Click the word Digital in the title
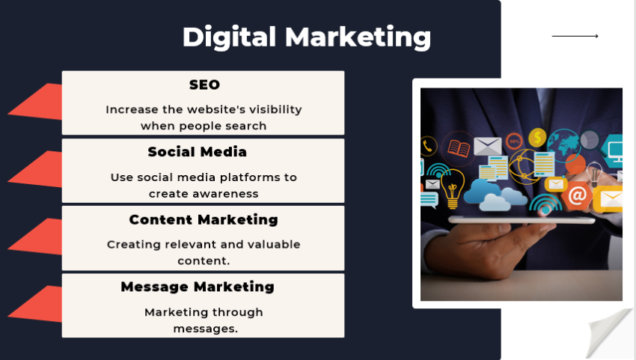point(230,37)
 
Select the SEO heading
point(204,85)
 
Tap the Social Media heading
point(197,152)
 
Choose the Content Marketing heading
point(204,219)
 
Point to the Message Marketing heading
point(198,287)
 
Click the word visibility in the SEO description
point(269,109)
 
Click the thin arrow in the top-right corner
point(575,36)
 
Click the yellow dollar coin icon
point(536,138)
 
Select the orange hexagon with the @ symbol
point(577,196)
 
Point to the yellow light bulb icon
point(452,187)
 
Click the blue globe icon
point(563,142)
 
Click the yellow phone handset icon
point(428,146)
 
